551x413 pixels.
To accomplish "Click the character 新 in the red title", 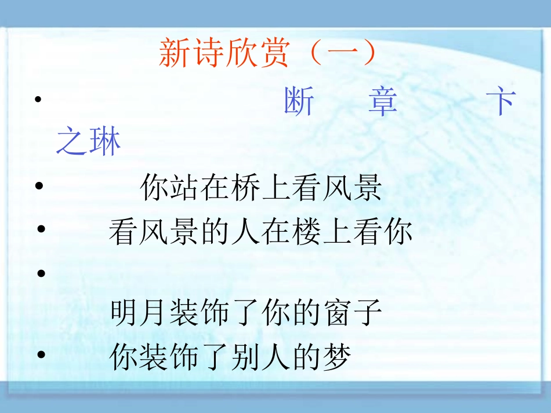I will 175,54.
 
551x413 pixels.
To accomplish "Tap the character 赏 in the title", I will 273,54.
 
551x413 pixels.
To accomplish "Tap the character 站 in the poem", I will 186,188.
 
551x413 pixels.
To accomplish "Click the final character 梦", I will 337,357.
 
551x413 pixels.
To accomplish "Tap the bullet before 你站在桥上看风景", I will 39,187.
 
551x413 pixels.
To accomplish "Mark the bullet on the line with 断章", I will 38,100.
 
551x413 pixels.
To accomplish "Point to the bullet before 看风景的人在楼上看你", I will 41,231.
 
